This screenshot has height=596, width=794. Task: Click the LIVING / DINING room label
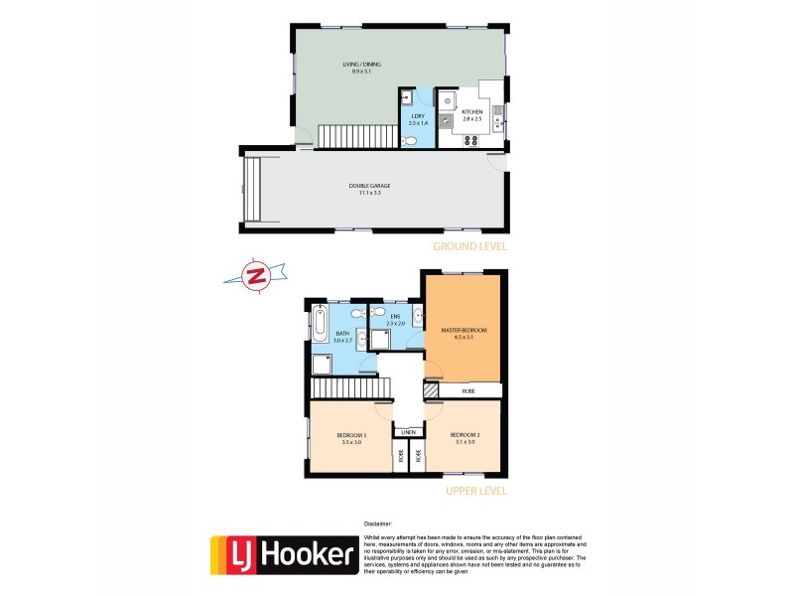click(366, 68)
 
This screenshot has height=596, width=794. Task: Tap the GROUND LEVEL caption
click(470, 245)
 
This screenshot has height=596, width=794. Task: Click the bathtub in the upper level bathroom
click(320, 324)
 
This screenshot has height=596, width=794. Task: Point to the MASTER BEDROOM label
click(463, 332)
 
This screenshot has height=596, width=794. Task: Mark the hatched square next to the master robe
click(431, 391)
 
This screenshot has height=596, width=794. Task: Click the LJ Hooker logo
click(284, 555)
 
